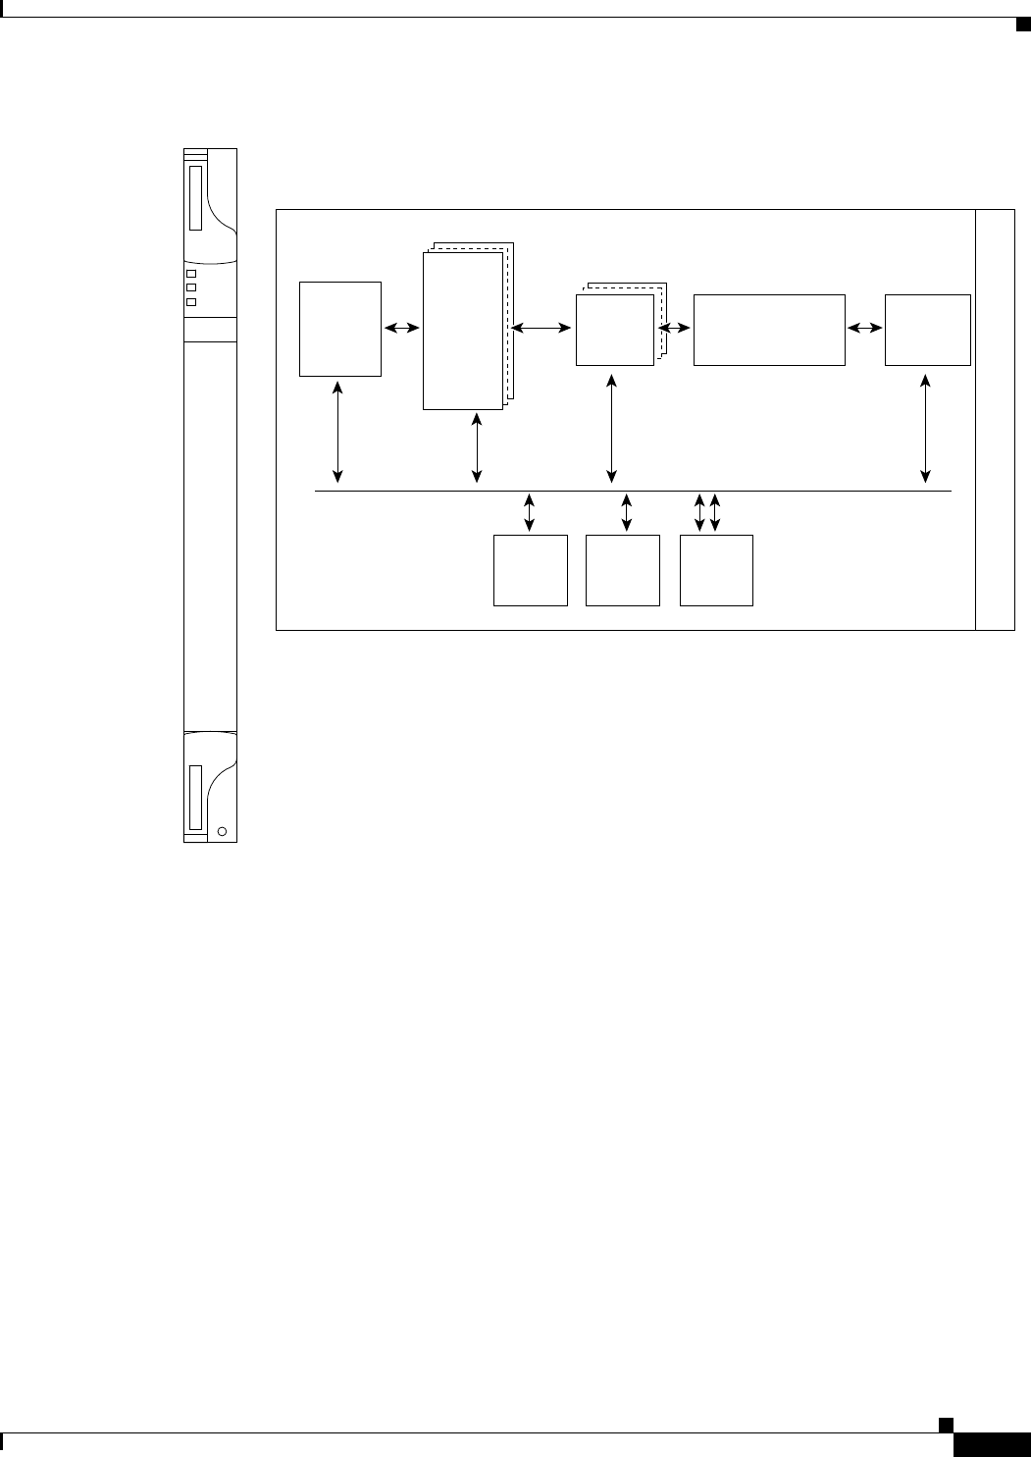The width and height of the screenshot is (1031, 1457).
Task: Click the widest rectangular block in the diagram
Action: pos(769,330)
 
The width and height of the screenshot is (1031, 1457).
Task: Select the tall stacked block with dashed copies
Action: pos(462,331)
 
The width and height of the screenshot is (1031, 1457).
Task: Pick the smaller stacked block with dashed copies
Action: pos(614,331)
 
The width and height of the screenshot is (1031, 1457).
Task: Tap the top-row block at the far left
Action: pos(340,328)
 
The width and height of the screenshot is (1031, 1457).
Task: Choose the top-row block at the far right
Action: pos(927,330)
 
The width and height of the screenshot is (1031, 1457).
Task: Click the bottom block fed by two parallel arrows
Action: pos(716,570)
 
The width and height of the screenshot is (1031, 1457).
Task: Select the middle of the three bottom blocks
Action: pos(622,570)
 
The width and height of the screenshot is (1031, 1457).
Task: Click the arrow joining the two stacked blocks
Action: pos(541,331)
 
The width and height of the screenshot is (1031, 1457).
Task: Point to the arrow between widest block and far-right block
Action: pos(864,331)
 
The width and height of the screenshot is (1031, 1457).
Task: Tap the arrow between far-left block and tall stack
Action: pos(401,331)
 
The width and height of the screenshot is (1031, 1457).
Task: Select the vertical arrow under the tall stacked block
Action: pos(477,448)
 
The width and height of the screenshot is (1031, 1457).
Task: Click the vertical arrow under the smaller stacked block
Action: pos(612,428)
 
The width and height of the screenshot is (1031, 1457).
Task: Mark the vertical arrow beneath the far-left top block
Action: pos(338,432)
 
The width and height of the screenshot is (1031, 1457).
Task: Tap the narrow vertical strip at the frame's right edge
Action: pos(995,419)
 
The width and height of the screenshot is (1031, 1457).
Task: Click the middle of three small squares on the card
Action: pos(191,287)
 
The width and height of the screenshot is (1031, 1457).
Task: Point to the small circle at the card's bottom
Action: pos(222,832)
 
